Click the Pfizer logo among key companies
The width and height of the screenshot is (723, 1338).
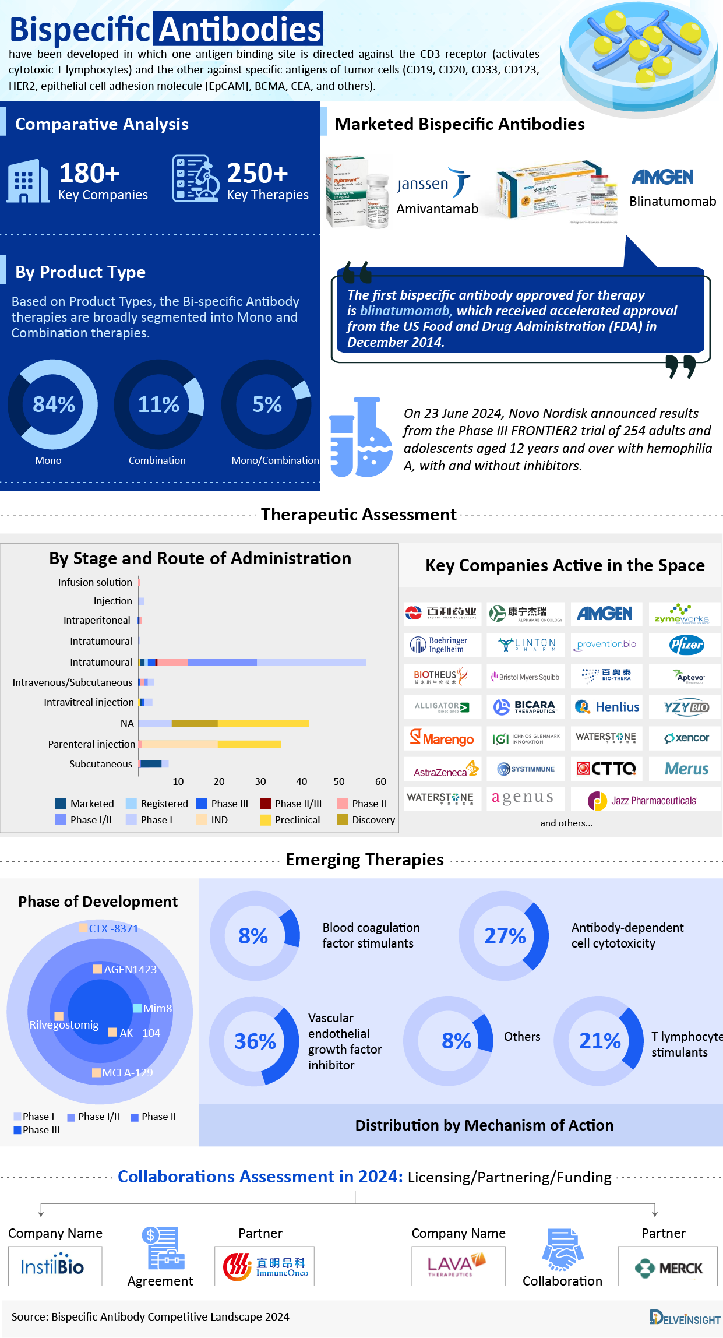[686, 645]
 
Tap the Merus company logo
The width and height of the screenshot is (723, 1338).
[686, 769]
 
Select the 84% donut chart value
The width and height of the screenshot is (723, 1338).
[54, 404]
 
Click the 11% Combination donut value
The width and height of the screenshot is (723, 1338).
[158, 404]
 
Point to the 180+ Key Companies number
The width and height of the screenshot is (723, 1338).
[90, 173]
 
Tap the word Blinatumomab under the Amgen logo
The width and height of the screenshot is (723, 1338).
[672, 201]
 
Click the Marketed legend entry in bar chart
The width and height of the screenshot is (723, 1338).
[85, 804]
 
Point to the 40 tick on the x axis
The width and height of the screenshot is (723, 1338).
[301, 781]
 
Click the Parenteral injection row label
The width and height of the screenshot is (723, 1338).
[91, 744]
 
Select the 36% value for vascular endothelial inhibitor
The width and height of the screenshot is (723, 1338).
[255, 1041]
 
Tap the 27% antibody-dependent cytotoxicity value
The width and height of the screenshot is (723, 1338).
[505, 936]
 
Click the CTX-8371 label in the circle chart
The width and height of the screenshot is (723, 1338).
[113, 929]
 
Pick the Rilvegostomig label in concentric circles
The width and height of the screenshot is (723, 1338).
[64, 1025]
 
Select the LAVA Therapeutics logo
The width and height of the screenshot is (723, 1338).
[458, 1266]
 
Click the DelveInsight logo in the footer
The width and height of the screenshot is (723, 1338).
[685, 1318]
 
